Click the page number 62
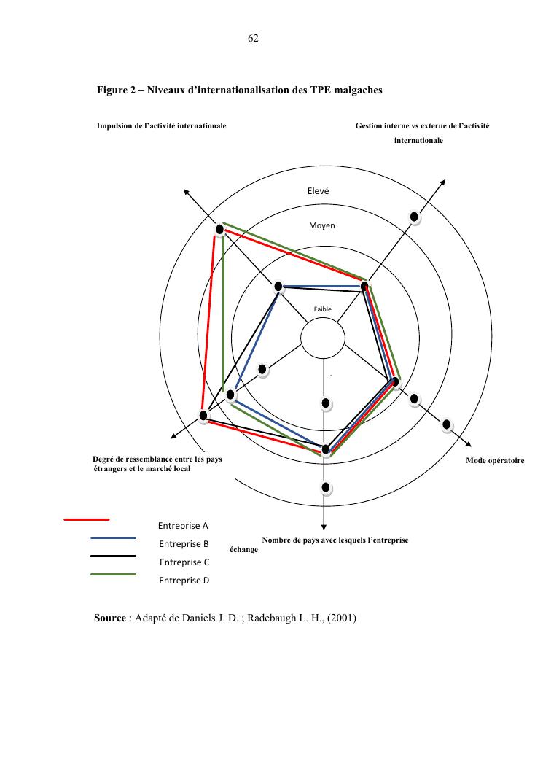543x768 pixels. point(254,38)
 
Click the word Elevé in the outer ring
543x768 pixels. point(320,190)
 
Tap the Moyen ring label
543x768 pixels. point(321,225)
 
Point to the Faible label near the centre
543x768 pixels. point(322,309)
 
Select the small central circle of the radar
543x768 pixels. point(323,339)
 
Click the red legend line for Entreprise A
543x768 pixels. point(87,520)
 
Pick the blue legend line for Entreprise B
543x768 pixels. point(113,538)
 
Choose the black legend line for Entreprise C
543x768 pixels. point(113,556)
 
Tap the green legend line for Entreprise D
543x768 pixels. point(113,575)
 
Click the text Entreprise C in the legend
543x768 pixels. point(184,562)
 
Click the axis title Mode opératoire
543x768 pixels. point(495,461)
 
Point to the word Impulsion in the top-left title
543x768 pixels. point(113,126)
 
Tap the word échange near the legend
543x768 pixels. point(243,550)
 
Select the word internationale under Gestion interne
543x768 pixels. point(418,140)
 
